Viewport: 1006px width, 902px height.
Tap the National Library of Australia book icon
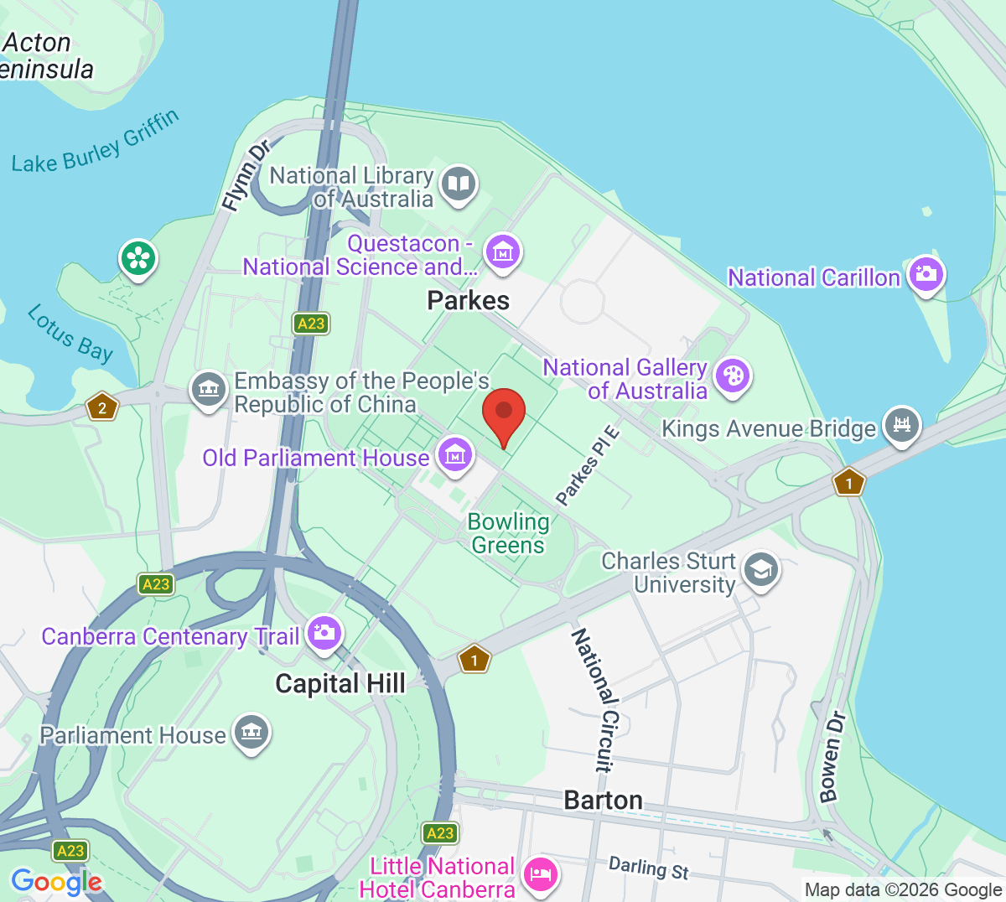pos(458,184)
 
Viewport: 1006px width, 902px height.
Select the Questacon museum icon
pos(502,251)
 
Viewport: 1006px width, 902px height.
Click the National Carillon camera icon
pos(926,273)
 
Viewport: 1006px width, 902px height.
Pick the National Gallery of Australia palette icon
pos(733,376)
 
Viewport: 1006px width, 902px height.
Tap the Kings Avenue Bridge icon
pos(901,425)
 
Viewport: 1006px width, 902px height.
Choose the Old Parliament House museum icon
pos(455,455)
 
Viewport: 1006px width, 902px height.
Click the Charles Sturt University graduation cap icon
pos(760,570)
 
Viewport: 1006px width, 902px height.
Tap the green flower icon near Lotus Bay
pos(138,257)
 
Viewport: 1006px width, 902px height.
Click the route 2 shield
pos(102,408)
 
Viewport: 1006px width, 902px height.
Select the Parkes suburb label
pos(468,300)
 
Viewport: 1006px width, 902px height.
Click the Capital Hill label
pos(340,684)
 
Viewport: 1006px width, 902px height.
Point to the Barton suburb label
pos(603,801)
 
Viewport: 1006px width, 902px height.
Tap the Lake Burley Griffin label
pos(96,142)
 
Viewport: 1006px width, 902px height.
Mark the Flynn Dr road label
pos(246,175)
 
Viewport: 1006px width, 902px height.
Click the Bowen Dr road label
pos(832,757)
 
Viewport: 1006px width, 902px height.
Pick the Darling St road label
pos(648,868)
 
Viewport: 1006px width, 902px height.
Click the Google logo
pos(56,881)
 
